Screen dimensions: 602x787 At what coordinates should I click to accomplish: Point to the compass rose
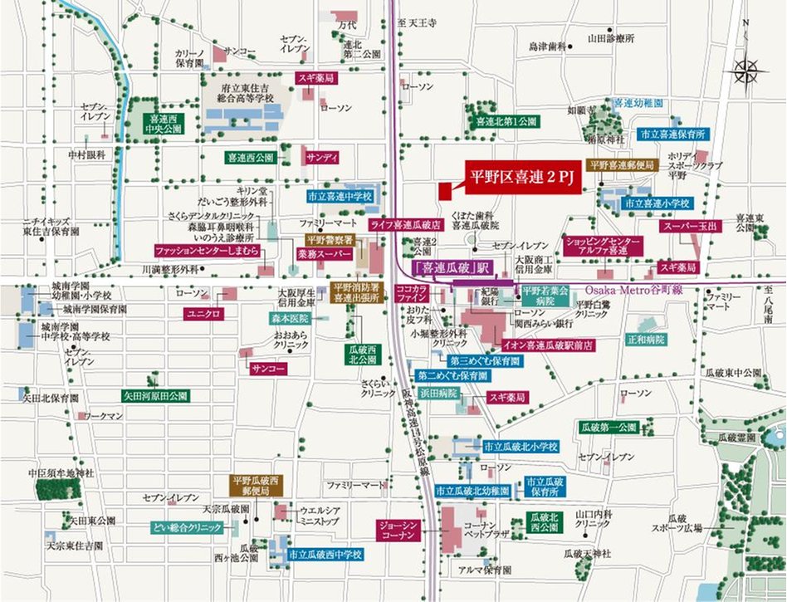pyautogui.click(x=750, y=71)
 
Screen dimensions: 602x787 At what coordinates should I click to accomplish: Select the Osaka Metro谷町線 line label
pyautogui.click(x=634, y=289)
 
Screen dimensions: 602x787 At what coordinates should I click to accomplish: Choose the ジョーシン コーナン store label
pyautogui.click(x=396, y=531)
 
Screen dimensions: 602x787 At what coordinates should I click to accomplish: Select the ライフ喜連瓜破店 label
pyautogui.click(x=405, y=225)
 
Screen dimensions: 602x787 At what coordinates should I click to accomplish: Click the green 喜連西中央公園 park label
pyautogui.click(x=162, y=124)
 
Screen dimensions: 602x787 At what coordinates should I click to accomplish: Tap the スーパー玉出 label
pyautogui.click(x=691, y=225)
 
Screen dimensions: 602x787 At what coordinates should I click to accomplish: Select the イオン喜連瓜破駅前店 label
pyautogui.click(x=540, y=343)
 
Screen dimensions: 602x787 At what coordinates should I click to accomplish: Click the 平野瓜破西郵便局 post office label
pyautogui.click(x=257, y=486)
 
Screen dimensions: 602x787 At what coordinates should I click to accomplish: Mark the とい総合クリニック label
pyautogui.click(x=187, y=527)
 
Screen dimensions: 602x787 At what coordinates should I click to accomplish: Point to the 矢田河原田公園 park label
pyautogui.click(x=154, y=396)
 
